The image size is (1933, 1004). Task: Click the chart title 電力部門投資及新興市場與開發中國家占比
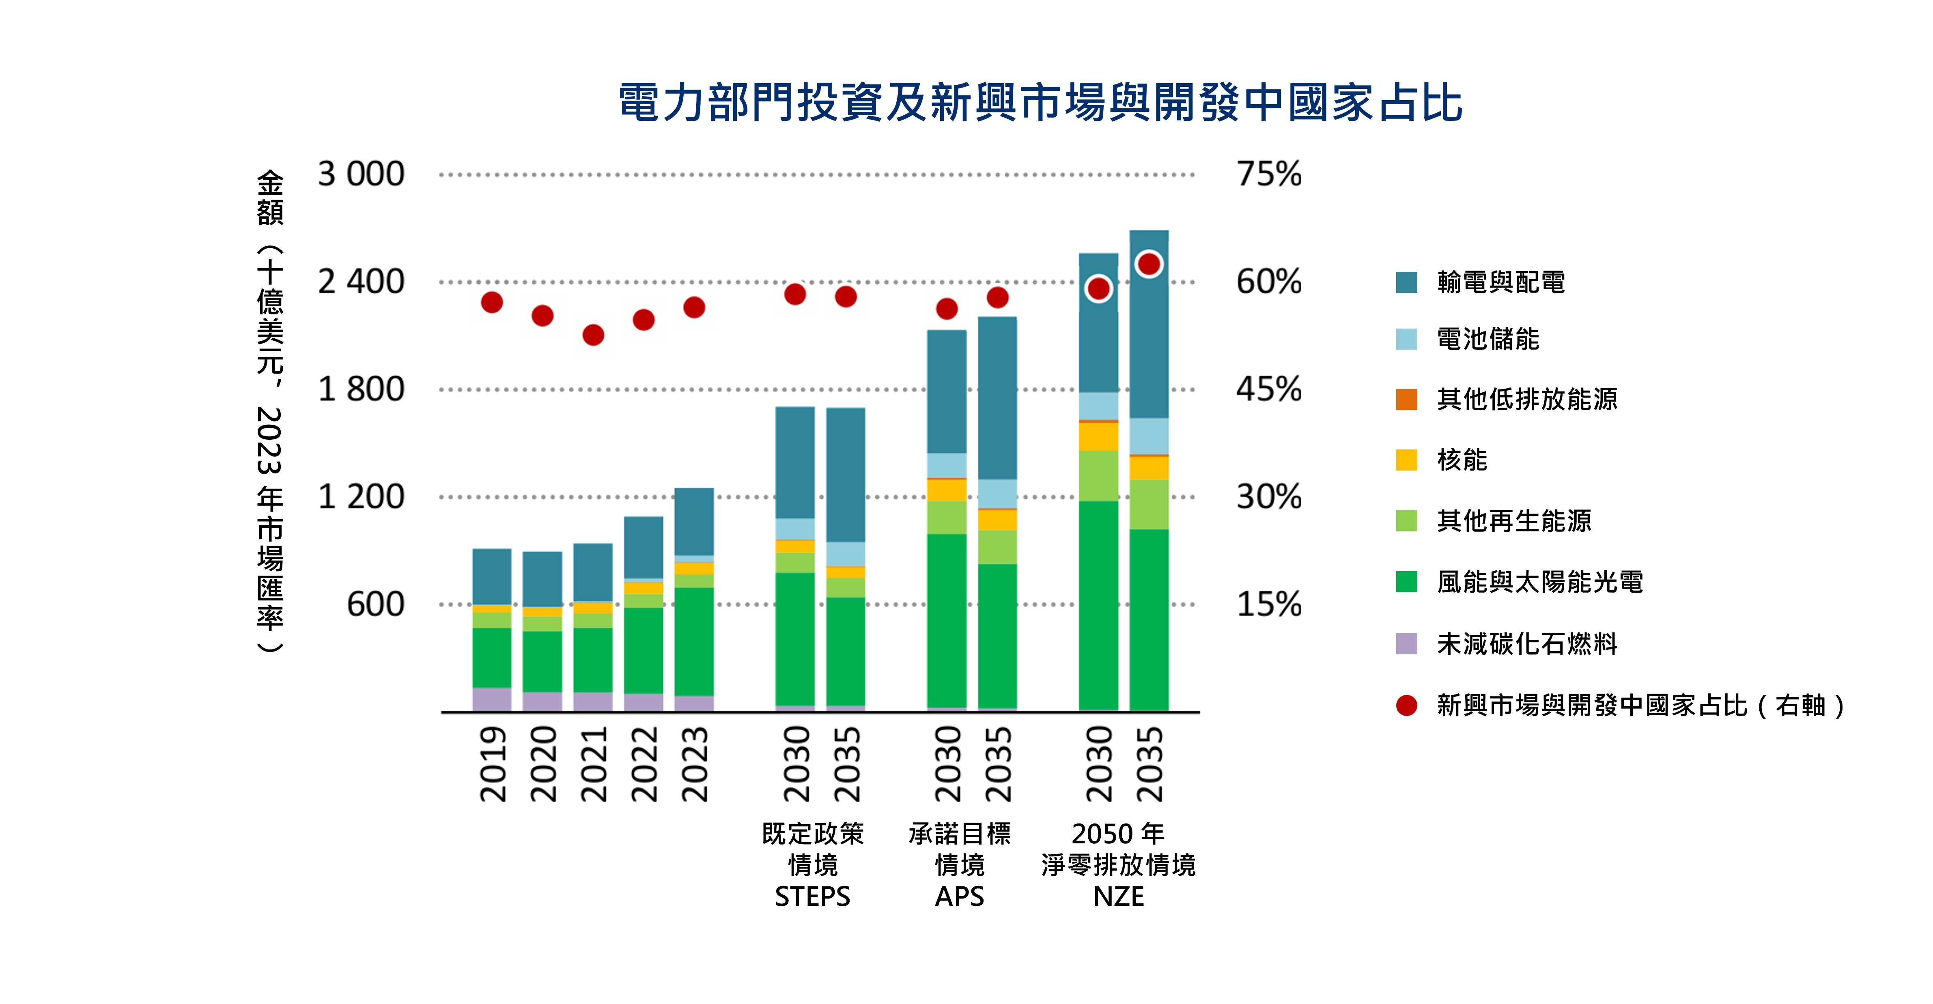1040,103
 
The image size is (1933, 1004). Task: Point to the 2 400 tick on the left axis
361,282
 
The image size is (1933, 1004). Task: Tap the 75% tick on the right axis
1269,174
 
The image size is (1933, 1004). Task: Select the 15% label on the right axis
1269,604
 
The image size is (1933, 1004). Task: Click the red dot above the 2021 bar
593,335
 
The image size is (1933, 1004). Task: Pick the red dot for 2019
491,302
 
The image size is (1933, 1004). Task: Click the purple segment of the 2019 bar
491,699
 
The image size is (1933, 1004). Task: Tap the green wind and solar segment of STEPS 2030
794,638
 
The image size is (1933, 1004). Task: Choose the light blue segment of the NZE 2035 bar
1149,436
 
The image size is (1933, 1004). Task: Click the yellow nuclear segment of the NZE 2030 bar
1098,437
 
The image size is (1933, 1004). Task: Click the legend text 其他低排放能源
1527,399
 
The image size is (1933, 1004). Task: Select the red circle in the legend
1406,705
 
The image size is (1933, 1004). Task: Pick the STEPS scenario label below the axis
813,896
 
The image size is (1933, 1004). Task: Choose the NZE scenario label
1118,896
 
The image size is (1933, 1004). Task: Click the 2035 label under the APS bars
998,764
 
